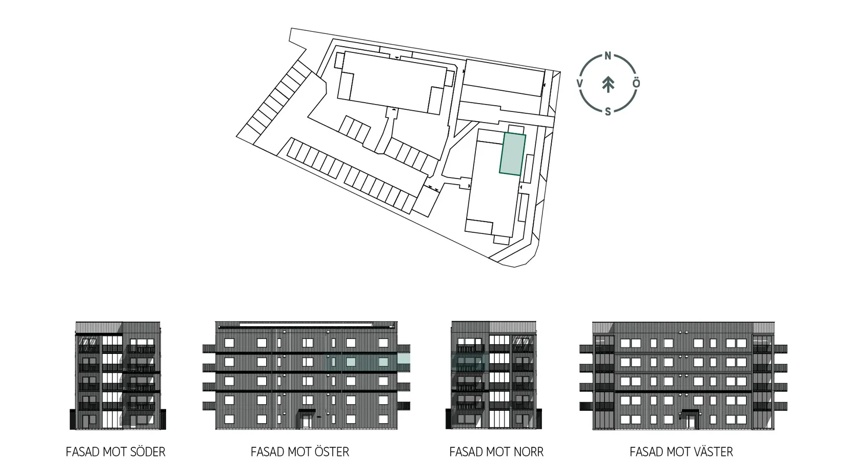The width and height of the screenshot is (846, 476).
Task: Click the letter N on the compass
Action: pos(608,56)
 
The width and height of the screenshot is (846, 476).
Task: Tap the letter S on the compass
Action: pos(608,111)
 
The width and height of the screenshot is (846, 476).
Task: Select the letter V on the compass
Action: pos(580,83)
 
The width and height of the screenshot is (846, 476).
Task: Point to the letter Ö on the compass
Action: pos(636,83)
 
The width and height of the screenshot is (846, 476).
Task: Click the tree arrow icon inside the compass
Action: pos(608,84)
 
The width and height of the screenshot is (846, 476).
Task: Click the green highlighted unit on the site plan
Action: pos(513,154)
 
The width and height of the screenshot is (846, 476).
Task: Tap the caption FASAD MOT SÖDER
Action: pos(115,452)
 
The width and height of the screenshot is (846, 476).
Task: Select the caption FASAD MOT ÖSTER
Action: pos(299,452)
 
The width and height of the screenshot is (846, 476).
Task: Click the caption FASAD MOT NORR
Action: pos(496,452)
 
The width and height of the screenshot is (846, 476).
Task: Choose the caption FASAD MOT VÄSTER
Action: pos(681,452)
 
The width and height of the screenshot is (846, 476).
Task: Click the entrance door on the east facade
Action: pos(307,421)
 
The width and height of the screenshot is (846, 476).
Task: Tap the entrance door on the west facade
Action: pos(690,421)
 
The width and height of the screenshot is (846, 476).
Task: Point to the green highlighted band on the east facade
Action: pos(368,362)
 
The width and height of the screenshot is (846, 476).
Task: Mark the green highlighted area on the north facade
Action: pos(468,362)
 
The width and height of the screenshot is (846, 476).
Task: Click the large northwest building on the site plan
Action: pos(392,82)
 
